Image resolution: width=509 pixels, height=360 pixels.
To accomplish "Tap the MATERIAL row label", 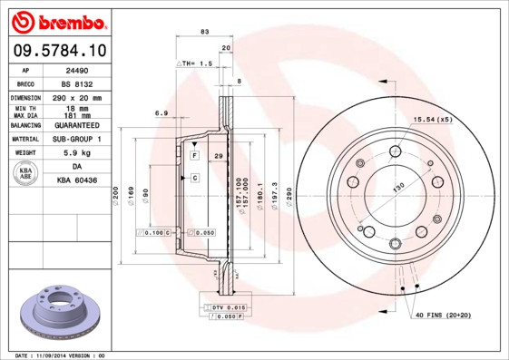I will click(x=25, y=140).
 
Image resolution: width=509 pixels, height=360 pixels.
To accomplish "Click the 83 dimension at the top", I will click(x=204, y=32).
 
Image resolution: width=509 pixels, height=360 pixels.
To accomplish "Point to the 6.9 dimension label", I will click(x=162, y=112).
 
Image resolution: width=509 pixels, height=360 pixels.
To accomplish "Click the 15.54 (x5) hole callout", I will click(x=432, y=119).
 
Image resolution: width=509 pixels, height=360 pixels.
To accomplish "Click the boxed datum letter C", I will click(x=195, y=178).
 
